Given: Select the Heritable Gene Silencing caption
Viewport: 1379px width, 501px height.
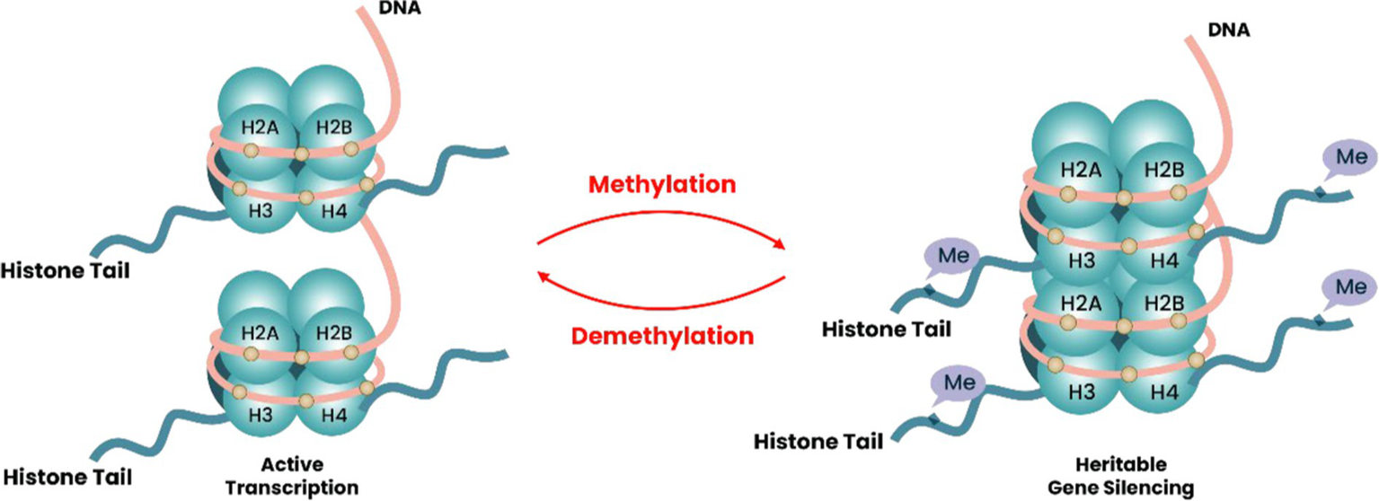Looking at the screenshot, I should (1124, 476).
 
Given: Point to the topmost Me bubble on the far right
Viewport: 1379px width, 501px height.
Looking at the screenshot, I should (1348, 158).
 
